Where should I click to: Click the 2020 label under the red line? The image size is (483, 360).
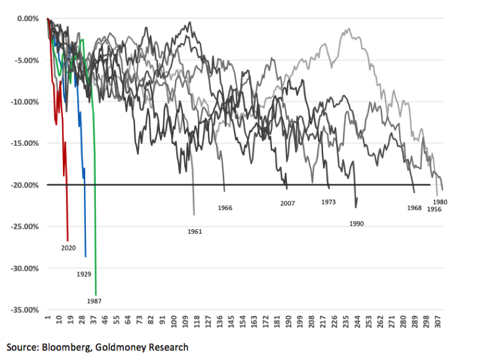(x=68, y=247)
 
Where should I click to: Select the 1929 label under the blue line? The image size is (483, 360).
(x=84, y=273)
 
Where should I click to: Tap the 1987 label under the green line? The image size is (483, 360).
(x=95, y=301)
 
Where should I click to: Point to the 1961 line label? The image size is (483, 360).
(x=195, y=231)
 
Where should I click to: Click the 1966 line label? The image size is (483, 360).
(x=225, y=207)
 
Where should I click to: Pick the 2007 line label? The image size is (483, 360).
(x=288, y=203)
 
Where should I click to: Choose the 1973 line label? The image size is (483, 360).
(x=329, y=202)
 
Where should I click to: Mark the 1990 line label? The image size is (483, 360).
(x=357, y=222)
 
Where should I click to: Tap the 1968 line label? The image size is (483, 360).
(x=415, y=207)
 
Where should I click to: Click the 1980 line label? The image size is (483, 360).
(x=441, y=202)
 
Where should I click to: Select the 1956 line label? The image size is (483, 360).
(x=434, y=210)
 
